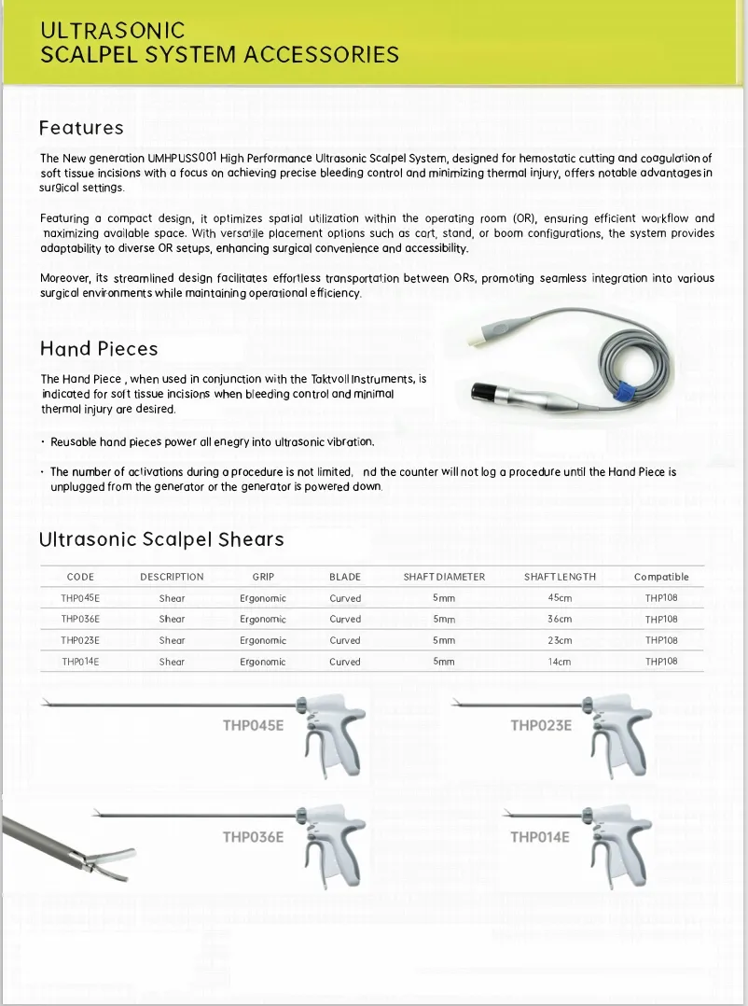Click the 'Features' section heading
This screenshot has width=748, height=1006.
pos(81,128)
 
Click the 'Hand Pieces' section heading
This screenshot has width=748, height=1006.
pos(99,349)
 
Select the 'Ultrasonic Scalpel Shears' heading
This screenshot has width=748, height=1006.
pos(161,539)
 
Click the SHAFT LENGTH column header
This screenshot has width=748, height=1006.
pos(560,577)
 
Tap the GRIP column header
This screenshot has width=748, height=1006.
pos(263,577)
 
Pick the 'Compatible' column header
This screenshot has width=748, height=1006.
pos(660,577)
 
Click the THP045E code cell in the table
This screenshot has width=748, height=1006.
pos(80,598)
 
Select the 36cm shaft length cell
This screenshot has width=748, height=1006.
pos(560,620)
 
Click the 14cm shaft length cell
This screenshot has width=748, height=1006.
pos(560,662)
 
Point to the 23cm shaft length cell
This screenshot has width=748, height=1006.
pos(560,641)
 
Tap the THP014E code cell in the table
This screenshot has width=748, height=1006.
pos(80,662)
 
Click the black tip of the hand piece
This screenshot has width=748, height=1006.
pos(488,389)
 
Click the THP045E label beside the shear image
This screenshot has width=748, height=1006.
pos(253,725)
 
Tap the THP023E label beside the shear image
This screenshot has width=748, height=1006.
pos(541,725)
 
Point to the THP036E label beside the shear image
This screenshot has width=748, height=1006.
pos(253,837)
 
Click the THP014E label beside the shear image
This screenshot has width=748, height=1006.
pos(539,837)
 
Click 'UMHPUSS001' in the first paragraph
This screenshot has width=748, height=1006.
pos(182,158)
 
